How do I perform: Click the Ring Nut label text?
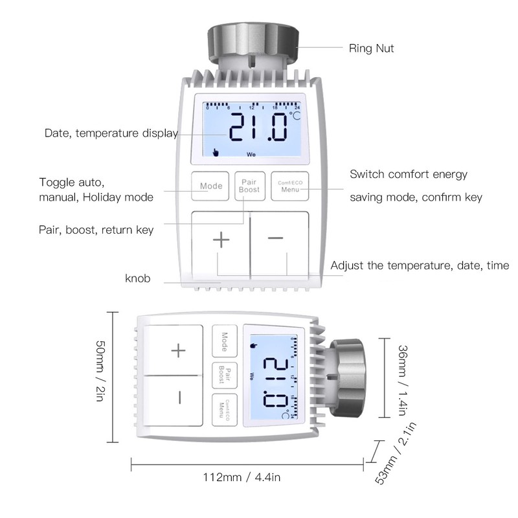point(371,48)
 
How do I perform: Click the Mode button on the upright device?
point(211,186)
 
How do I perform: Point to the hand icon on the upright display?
point(216,153)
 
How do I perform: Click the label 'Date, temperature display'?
point(111,133)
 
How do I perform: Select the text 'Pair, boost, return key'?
point(96,230)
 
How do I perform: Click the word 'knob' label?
point(138,279)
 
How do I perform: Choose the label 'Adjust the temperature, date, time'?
point(420,265)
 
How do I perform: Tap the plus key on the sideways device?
point(178,351)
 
